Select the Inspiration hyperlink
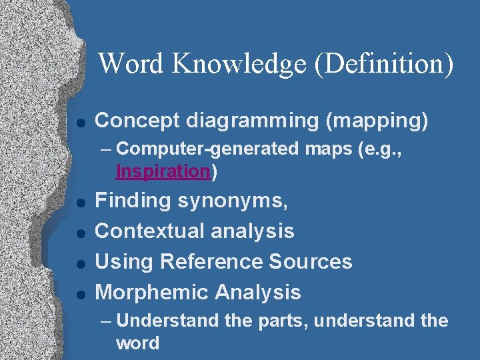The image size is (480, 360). (x=163, y=171)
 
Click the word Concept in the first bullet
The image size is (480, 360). (x=137, y=121)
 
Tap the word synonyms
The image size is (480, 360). (x=241, y=201)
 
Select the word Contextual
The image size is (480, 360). (x=152, y=231)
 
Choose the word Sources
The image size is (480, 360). (x=311, y=261)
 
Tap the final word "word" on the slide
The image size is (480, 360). (x=138, y=343)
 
